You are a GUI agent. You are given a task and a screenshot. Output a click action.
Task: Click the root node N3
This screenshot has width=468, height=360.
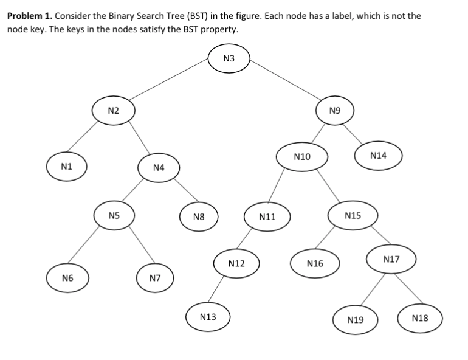(x=229, y=59)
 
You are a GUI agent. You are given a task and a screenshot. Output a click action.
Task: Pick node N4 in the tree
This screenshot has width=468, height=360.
(x=159, y=167)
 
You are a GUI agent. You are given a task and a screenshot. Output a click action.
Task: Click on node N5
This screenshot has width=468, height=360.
(x=114, y=215)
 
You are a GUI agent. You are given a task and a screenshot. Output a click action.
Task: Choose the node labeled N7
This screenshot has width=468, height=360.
(x=155, y=278)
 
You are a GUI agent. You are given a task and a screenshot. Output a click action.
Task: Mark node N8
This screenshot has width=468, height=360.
(x=198, y=216)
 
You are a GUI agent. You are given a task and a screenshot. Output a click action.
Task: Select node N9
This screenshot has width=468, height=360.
(x=334, y=111)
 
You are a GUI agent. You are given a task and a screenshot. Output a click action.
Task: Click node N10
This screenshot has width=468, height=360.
(x=302, y=157)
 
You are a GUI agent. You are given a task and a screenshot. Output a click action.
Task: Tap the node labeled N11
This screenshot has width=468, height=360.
(x=267, y=216)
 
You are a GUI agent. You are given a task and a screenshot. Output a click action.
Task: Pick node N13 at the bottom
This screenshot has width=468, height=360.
(x=208, y=317)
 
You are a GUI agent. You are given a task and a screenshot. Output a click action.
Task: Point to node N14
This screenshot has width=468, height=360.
(x=378, y=156)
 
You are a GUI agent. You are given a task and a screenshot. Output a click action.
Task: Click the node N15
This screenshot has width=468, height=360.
(x=353, y=215)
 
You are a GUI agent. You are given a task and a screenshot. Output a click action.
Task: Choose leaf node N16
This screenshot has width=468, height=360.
(x=315, y=263)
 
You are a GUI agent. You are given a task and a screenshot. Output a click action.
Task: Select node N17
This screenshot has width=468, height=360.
(x=391, y=260)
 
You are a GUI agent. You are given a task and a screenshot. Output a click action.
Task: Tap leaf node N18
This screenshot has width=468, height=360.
(x=420, y=318)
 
